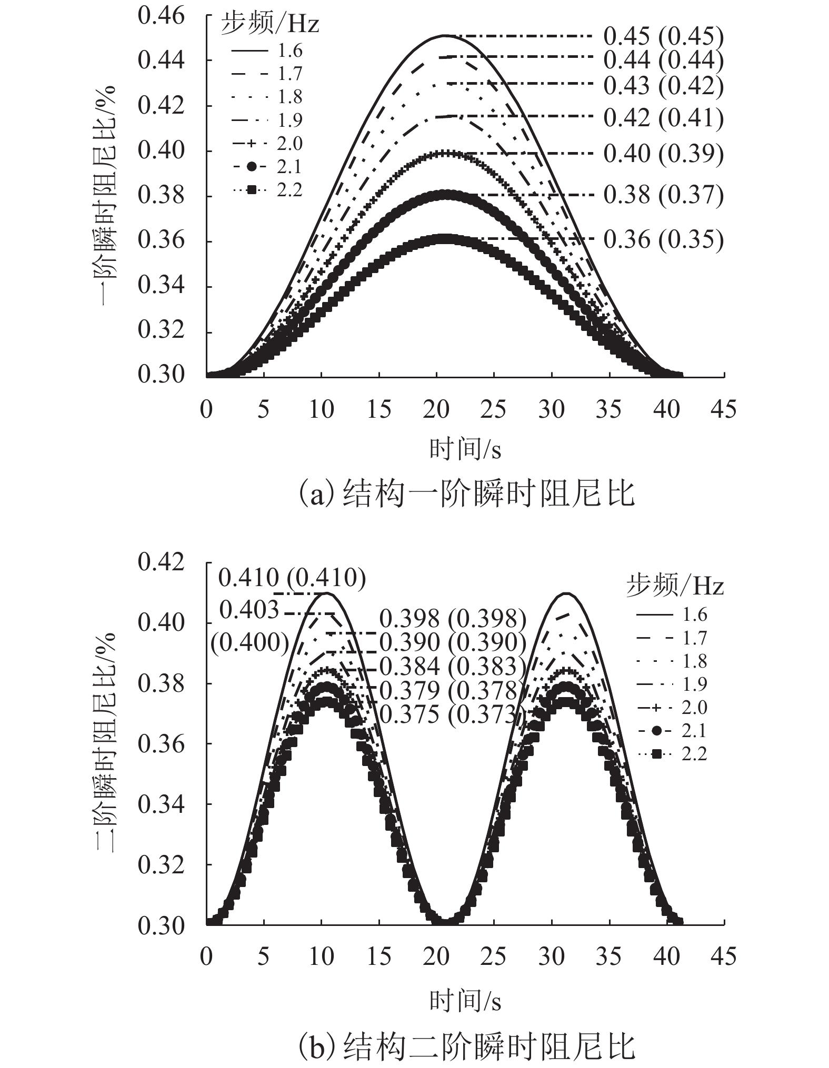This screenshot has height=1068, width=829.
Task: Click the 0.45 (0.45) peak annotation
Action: [x=663, y=36]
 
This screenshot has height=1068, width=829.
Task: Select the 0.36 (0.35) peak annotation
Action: [x=663, y=239]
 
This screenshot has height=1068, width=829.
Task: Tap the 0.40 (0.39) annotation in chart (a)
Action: [x=663, y=154]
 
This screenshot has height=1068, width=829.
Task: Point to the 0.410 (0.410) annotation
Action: [x=292, y=578]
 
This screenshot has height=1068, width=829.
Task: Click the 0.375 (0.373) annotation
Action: [x=453, y=714]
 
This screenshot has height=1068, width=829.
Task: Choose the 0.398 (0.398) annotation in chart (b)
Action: [x=453, y=619]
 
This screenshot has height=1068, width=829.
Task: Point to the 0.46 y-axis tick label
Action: [x=161, y=16]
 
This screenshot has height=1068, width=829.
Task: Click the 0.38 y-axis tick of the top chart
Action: [x=161, y=196]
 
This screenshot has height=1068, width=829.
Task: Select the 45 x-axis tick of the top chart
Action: [x=724, y=410]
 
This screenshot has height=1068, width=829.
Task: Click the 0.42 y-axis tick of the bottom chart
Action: [x=161, y=562]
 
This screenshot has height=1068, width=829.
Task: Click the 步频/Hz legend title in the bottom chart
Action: [x=675, y=586]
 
